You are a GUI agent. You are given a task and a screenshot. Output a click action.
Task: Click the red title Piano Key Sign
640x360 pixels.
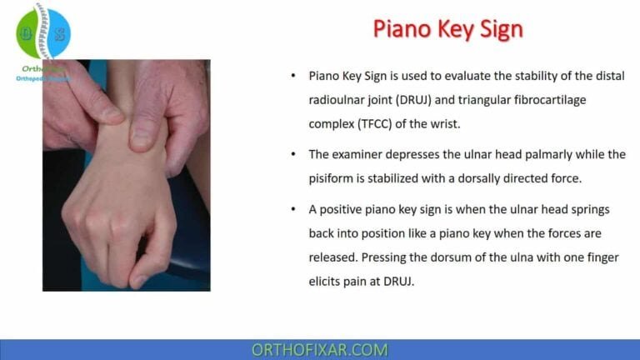coord(448,29)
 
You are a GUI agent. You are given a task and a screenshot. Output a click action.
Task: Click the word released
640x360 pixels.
coord(334,257)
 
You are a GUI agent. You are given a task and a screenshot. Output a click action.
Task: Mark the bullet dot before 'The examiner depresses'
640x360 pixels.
coord(292,154)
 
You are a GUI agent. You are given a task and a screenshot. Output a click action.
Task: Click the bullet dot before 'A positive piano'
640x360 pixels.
coord(292,210)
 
